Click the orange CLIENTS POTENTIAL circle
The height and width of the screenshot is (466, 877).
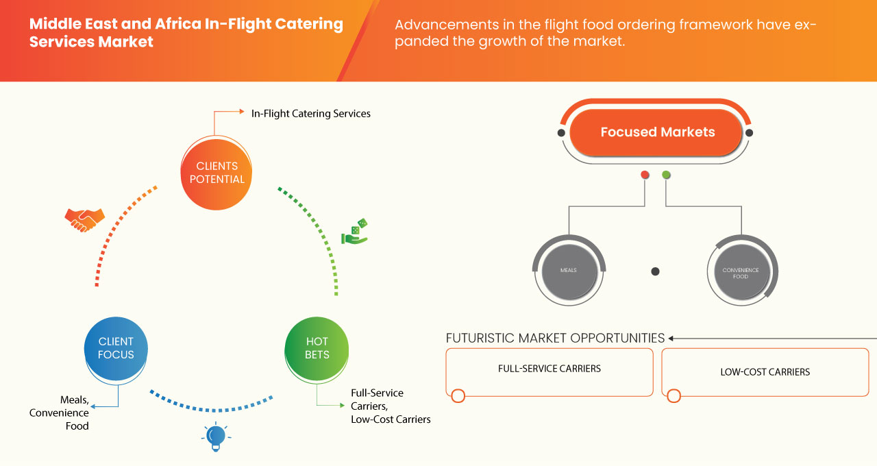(216, 173)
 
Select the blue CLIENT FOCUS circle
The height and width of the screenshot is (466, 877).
(116, 348)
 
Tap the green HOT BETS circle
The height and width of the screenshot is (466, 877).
(317, 348)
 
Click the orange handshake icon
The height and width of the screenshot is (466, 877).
(84, 219)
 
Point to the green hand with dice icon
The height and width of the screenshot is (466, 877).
(354, 232)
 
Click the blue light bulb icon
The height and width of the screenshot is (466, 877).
(216, 437)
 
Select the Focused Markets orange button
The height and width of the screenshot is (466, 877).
(657, 132)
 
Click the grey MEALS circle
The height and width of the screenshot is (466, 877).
(568, 271)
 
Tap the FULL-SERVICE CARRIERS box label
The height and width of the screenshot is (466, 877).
(549, 369)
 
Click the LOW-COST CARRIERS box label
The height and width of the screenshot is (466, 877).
(765, 372)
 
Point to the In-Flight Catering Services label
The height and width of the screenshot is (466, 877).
(310, 114)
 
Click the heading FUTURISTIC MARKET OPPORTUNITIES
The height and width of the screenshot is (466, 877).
(555, 338)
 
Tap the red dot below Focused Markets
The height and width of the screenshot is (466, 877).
(645, 175)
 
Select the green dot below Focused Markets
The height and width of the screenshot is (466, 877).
(666, 175)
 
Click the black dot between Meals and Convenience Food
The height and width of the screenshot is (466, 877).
(655, 271)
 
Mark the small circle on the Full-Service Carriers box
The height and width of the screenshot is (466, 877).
(458, 395)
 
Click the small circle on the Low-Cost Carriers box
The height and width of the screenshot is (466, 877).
(674, 395)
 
